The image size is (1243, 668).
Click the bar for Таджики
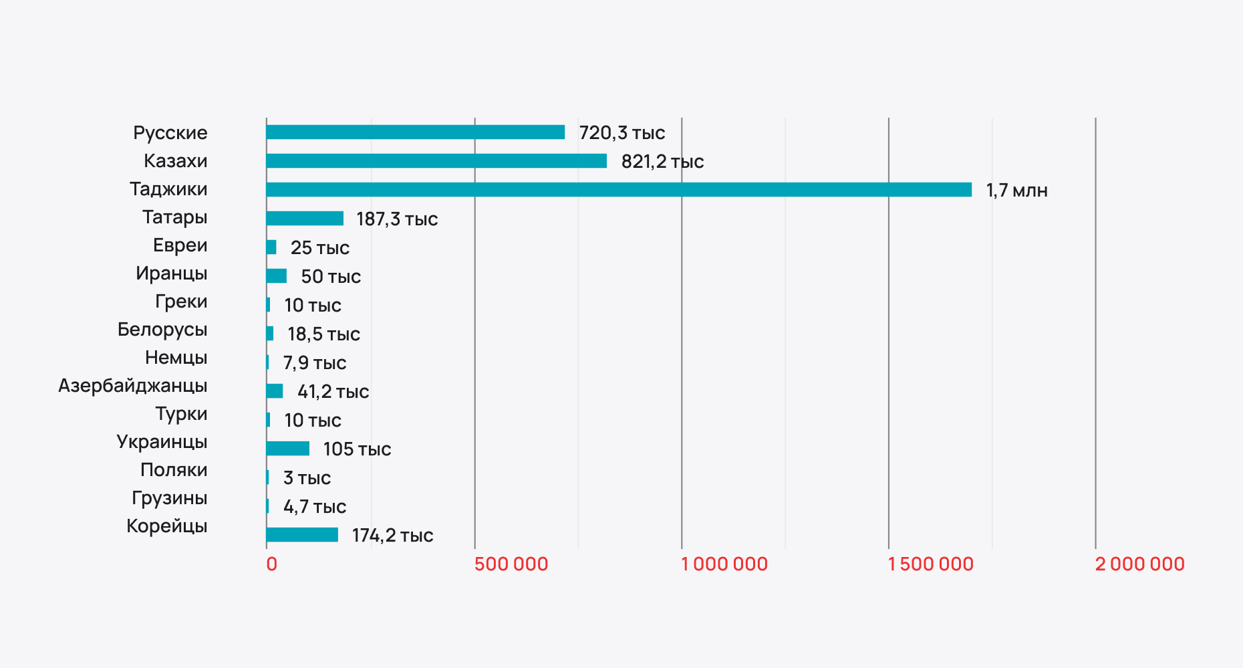(618, 190)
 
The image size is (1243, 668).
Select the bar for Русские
(415, 132)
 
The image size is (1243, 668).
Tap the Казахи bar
(436, 161)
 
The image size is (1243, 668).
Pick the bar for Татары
(305, 219)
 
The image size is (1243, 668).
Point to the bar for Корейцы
(302, 535)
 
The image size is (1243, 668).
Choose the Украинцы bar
(287, 449)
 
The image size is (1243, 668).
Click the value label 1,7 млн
(1016, 191)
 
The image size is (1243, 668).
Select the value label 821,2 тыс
(662, 162)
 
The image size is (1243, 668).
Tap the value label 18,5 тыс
(323, 334)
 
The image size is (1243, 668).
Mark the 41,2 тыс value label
(333, 392)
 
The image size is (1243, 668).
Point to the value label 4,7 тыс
(314, 507)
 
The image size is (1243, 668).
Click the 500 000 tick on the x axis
(511, 564)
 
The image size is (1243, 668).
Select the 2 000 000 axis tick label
(1139, 564)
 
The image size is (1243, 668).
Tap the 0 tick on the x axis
(271, 564)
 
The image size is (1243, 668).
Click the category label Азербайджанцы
(133, 386)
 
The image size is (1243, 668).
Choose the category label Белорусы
(162, 330)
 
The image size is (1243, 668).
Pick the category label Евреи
(180, 245)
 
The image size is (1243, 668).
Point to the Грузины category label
(169, 498)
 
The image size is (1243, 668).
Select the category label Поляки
(174, 470)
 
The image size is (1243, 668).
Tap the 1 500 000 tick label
(930, 564)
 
